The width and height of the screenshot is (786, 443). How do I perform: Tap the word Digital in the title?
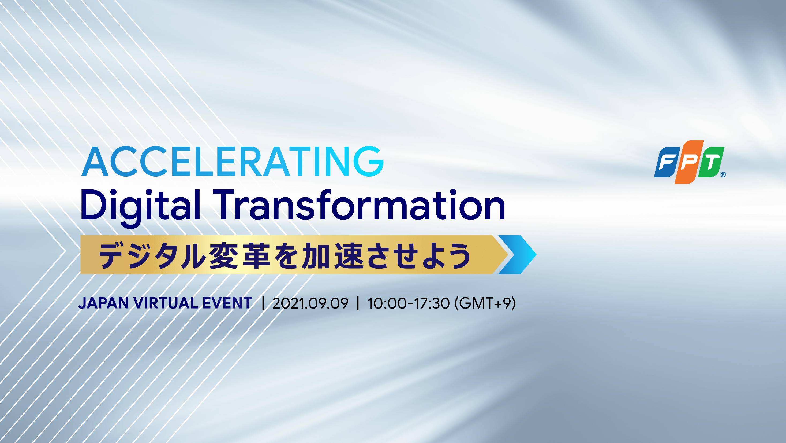click(141, 208)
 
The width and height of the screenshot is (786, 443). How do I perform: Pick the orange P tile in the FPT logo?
click(689, 162)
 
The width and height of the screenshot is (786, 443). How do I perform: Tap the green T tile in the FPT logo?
click(711, 162)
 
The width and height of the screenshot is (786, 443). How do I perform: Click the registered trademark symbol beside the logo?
click(723, 175)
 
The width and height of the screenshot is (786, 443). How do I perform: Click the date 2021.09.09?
click(310, 303)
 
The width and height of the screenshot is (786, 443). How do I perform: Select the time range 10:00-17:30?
click(408, 303)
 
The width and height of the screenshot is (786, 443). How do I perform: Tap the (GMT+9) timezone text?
click(485, 303)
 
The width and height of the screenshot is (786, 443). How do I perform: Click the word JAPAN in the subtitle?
click(103, 303)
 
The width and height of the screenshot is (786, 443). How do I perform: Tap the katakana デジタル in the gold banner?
click(152, 256)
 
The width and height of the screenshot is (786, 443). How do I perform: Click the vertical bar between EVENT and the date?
click(263, 303)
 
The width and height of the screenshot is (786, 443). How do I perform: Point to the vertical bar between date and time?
click(358, 303)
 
